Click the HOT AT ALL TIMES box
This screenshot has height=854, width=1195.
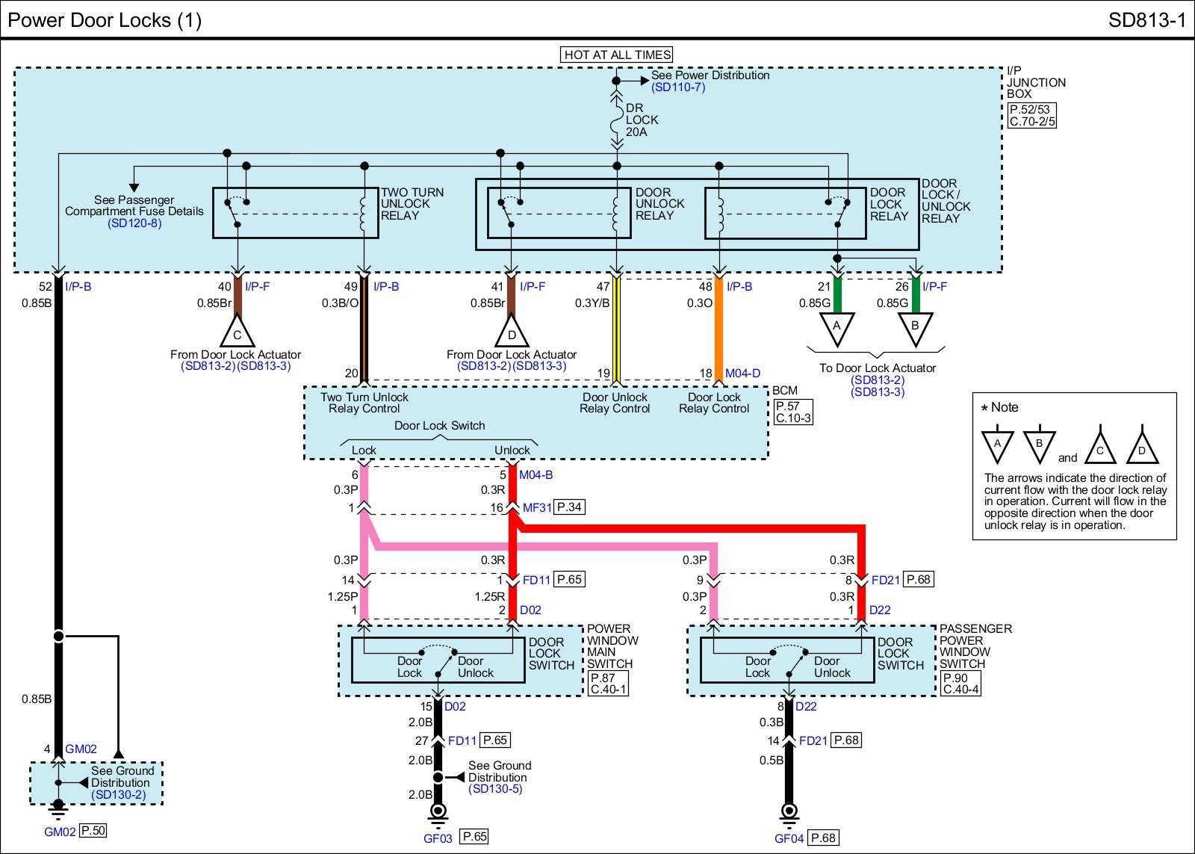[617, 55]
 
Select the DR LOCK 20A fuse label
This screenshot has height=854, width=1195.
[642, 120]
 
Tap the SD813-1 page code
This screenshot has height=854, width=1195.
[1146, 20]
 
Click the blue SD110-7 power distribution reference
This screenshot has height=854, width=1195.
[677, 87]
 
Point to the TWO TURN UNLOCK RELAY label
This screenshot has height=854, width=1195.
[412, 204]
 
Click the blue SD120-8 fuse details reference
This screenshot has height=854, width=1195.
[134, 223]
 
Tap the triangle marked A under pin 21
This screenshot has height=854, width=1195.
[836, 327]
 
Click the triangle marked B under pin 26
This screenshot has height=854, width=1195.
[916, 327]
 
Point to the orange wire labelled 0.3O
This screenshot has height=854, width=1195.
[718, 329]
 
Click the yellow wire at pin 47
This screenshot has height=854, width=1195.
[617, 329]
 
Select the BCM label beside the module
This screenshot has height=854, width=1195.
[785, 391]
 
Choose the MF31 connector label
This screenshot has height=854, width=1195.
[537, 508]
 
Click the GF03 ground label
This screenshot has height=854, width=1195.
[438, 838]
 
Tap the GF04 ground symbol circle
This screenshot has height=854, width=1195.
[789, 811]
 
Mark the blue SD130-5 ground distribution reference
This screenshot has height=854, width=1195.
[497, 789]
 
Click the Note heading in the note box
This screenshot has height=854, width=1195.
[1004, 407]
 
